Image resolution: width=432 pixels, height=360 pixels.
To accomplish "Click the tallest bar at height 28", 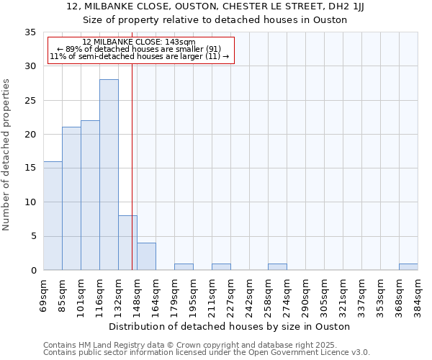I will tap(109, 175).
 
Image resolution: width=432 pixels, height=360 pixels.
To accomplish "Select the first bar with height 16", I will tap(53, 216).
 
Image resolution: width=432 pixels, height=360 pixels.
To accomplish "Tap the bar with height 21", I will tap(71, 199).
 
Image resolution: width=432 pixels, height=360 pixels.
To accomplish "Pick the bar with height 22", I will tap(90, 195).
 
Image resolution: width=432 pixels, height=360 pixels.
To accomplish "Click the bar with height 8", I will tap(127, 243).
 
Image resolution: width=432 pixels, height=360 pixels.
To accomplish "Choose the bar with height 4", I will tap(146, 256).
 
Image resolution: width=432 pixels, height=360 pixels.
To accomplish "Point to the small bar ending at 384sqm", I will tap(408, 267).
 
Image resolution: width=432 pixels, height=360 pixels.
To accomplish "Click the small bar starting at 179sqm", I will tap(184, 267).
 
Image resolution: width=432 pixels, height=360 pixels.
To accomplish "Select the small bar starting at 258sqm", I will tap(277, 267).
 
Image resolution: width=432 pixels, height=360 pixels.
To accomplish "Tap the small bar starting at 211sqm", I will tap(221, 267).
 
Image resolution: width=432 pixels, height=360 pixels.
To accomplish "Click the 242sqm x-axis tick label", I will tap(250, 294).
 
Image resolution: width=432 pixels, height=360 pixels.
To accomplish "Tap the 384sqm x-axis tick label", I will tap(418, 294).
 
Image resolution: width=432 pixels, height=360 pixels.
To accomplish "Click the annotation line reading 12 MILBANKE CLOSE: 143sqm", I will tap(138, 42).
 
